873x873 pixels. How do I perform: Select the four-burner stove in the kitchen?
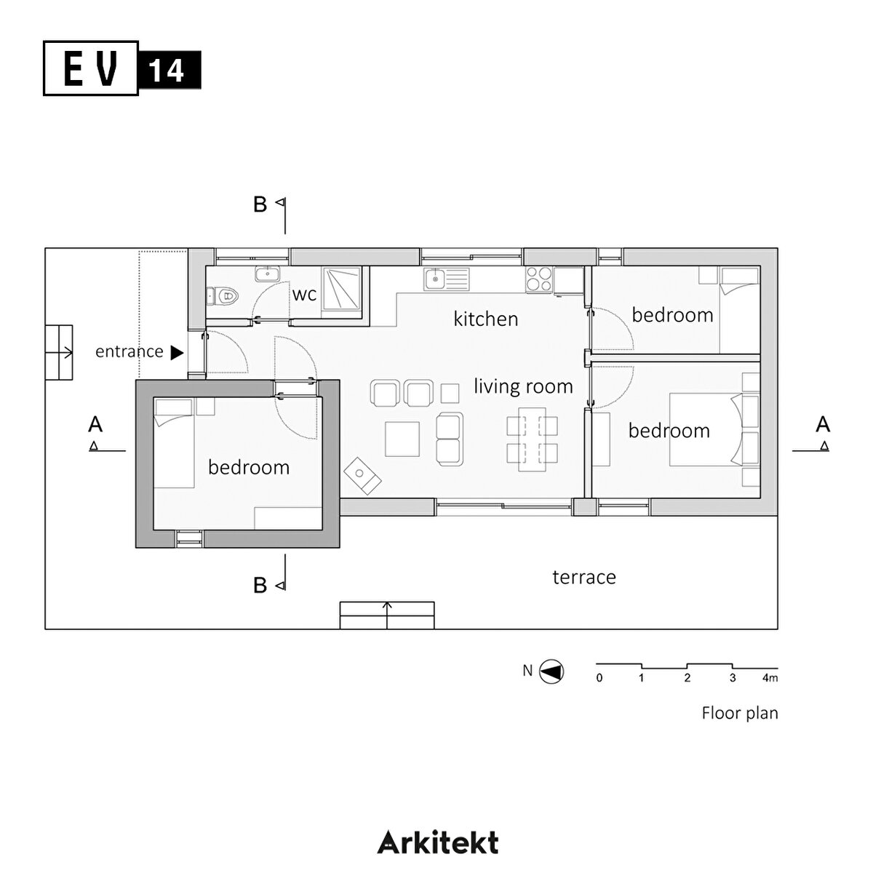[539, 280]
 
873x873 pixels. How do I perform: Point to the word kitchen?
[485, 319]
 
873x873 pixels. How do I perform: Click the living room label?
[523, 386]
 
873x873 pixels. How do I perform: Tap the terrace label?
[584, 577]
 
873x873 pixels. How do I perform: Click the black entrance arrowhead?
[177, 352]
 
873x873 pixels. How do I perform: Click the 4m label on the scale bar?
[770, 678]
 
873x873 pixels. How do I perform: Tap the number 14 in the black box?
[169, 71]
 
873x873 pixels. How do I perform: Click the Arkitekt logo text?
[438, 842]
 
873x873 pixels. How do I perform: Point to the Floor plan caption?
[739, 713]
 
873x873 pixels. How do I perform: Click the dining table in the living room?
[531, 439]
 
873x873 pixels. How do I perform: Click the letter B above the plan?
[260, 205]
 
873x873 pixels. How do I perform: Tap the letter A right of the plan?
[823, 424]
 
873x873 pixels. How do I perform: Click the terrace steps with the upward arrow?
[387, 615]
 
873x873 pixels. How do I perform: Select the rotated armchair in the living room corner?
[362, 477]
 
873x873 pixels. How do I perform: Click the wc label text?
[304, 295]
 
